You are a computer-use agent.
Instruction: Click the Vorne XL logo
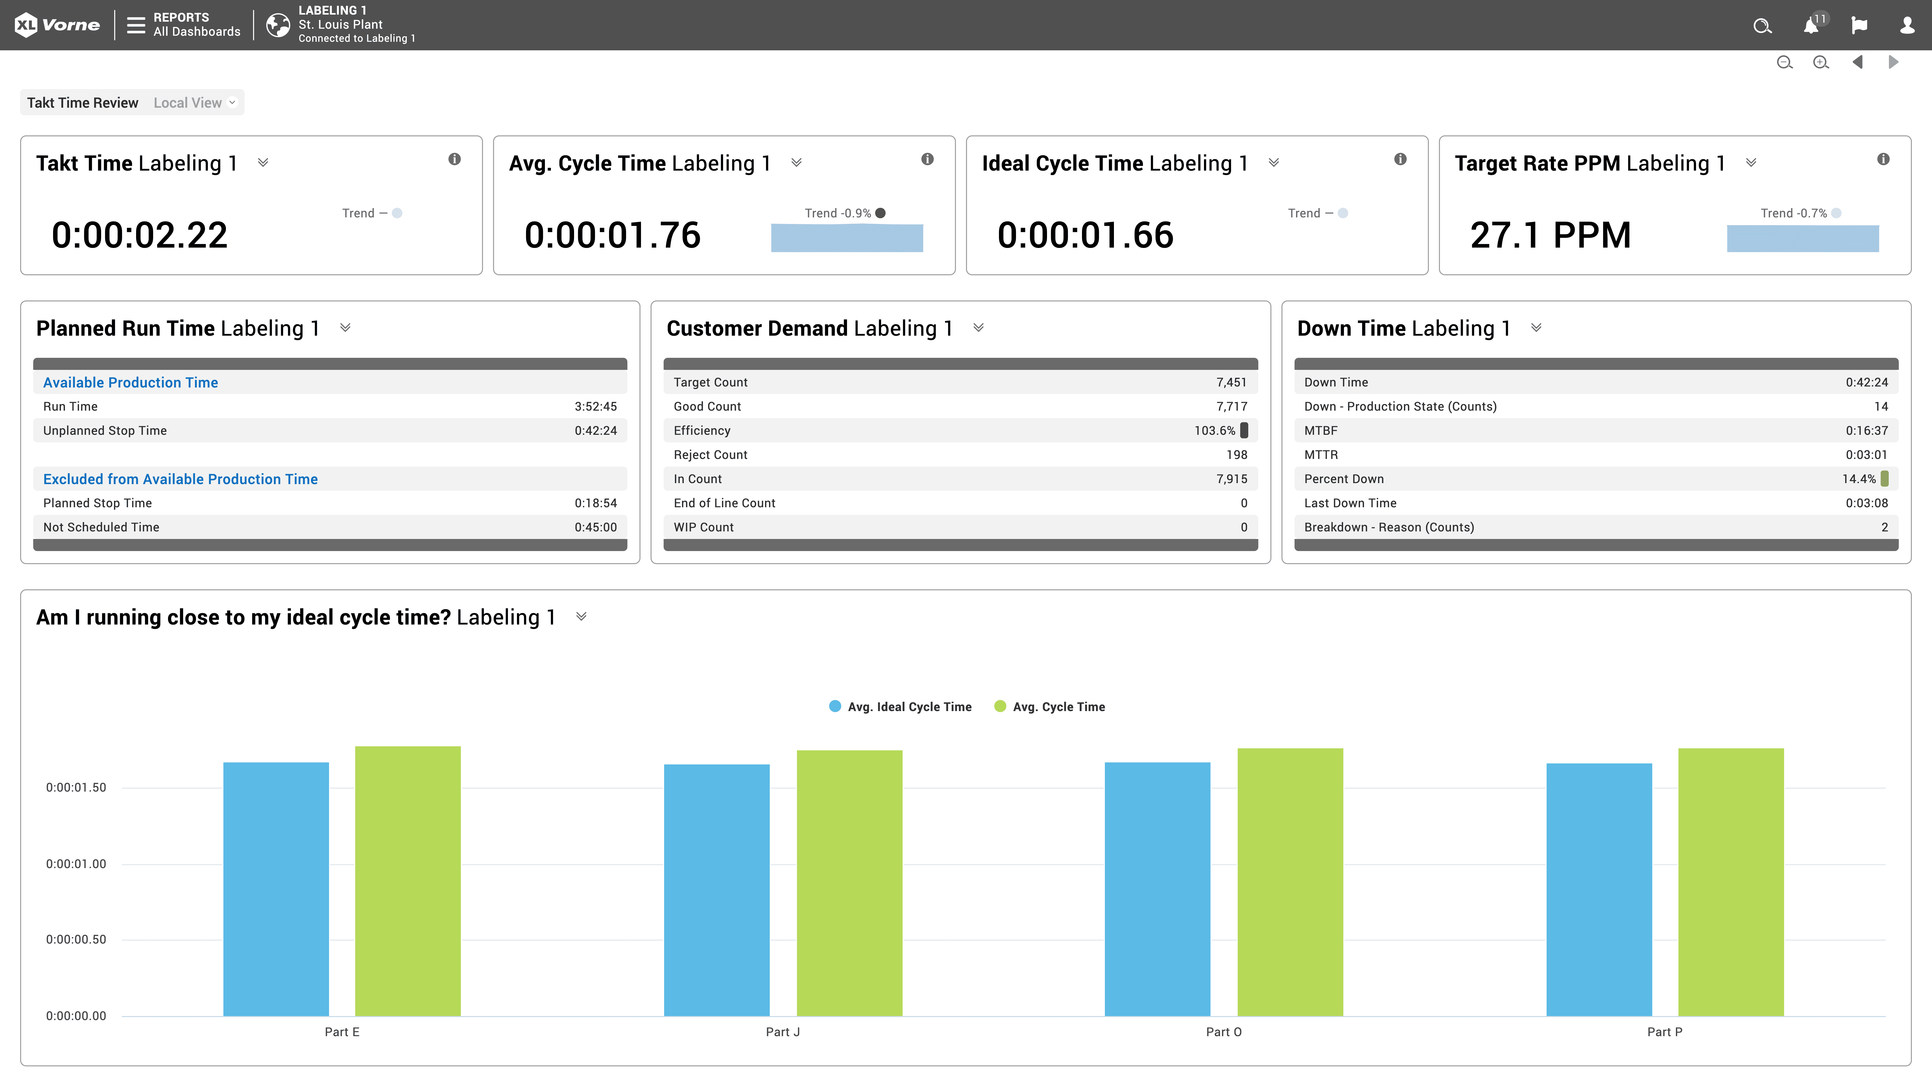point(57,25)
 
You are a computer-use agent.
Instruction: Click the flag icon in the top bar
point(1859,25)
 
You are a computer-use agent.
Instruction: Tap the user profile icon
point(1907,25)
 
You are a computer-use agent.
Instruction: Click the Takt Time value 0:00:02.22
point(140,235)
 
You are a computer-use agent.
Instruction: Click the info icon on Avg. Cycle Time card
point(927,159)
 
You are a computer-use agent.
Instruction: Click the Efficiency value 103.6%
point(1214,431)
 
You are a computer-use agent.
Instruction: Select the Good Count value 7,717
point(1231,407)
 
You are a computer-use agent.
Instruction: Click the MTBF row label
point(1321,431)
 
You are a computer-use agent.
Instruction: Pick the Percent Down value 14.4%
point(1859,479)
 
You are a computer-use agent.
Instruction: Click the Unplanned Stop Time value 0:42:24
point(595,431)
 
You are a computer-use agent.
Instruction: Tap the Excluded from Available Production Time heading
point(180,479)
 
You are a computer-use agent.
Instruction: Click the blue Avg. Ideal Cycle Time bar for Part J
point(716,889)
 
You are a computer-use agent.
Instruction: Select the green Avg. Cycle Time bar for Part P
point(1730,881)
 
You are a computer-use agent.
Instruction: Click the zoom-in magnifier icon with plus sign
point(1820,62)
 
